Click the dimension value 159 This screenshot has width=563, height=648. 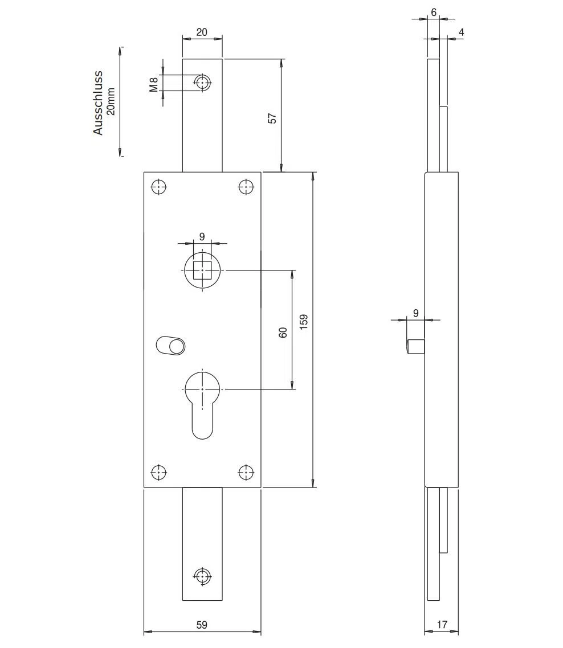pyautogui.click(x=304, y=322)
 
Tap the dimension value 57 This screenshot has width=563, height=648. pyautogui.click(x=272, y=118)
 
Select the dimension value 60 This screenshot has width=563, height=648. pyautogui.click(x=283, y=333)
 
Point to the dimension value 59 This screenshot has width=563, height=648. pyautogui.click(x=202, y=625)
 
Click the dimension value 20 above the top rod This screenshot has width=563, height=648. pyautogui.click(x=202, y=32)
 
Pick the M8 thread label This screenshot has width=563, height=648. pyautogui.click(x=154, y=85)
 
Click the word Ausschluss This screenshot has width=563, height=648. pyautogui.click(x=97, y=103)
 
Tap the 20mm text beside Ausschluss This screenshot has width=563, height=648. pyautogui.click(x=111, y=102)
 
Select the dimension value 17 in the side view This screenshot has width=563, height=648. pyautogui.click(x=442, y=625)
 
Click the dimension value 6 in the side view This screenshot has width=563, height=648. pyautogui.click(x=434, y=13)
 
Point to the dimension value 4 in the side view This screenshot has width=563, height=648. pyautogui.click(x=462, y=32)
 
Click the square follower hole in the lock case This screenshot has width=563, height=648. pyautogui.click(x=202, y=270)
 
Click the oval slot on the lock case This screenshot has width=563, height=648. pyautogui.click(x=170, y=346)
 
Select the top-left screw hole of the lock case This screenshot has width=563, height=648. pyautogui.click(x=159, y=187)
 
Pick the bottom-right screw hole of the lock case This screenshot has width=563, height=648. pyautogui.click(x=246, y=472)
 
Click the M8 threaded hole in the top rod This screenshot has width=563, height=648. pyautogui.click(x=202, y=83)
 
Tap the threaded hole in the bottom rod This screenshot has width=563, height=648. pyautogui.click(x=202, y=576)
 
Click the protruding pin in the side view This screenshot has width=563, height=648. pyautogui.click(x=416, y=346)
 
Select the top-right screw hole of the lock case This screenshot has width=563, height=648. pyautogui.click(x=246, y=187)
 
